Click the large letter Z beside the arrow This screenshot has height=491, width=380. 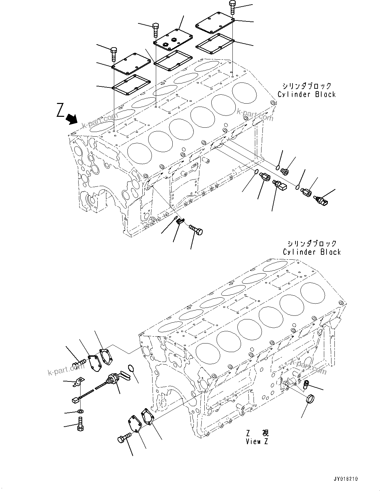tap(60, 110)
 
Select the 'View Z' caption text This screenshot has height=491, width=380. tap(257, 442)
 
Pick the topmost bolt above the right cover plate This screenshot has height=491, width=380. tap(232, 7)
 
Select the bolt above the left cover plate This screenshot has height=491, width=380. tap(114, 54)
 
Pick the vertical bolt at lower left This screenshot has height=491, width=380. tap(80, 424)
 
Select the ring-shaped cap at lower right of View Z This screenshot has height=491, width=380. tap(311, 399)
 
